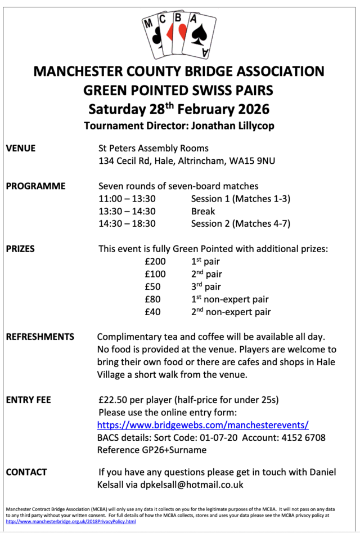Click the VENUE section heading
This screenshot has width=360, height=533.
21,149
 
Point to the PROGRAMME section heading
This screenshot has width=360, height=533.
35,186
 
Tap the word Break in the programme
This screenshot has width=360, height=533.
203,211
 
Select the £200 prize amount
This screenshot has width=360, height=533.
156,261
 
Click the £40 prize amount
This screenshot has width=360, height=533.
153,312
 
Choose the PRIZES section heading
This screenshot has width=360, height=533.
20,248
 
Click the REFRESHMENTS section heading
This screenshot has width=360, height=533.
40,337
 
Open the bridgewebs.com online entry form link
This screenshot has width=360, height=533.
203,425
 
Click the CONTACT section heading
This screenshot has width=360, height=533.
26,472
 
